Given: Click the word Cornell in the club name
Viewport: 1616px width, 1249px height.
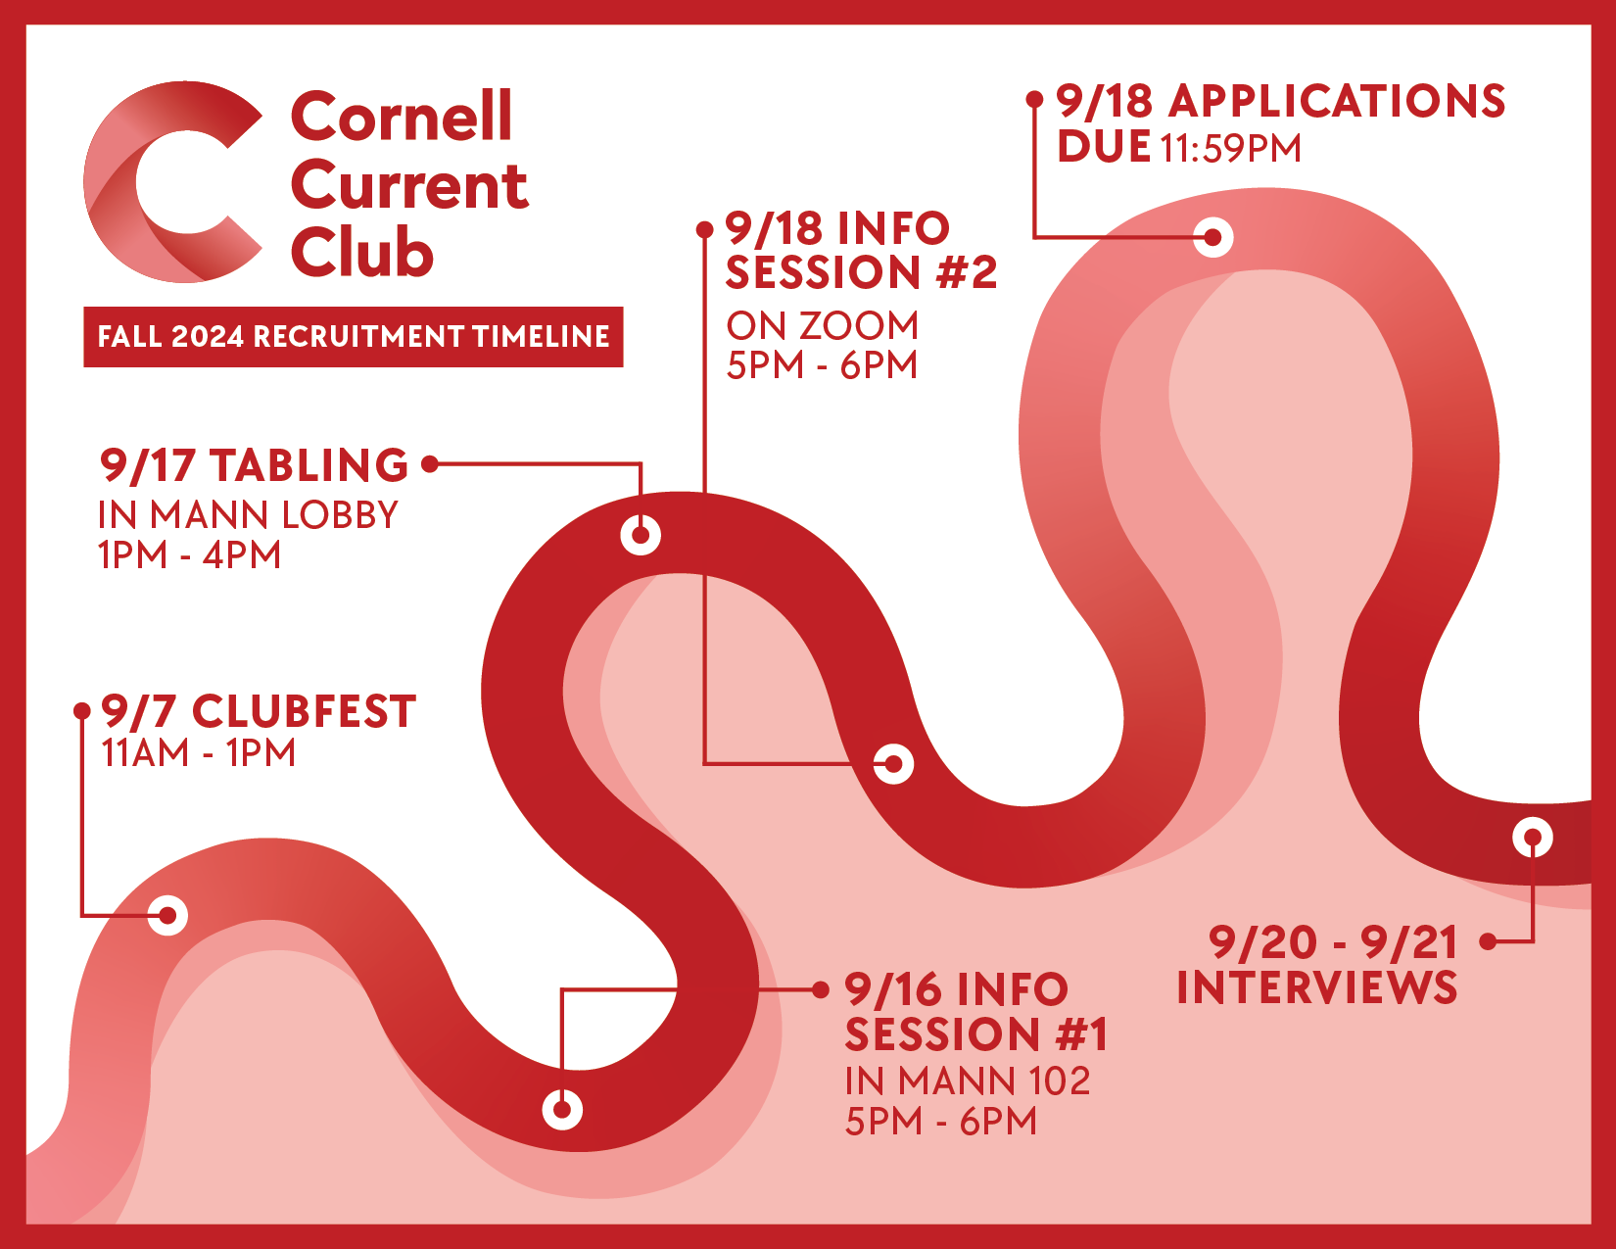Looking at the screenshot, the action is click(x=402, y=117).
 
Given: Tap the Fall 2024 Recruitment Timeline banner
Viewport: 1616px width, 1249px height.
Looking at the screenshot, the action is click(x=353, y=336).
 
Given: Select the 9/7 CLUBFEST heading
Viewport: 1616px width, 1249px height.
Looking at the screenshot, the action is click(x=259, y=711).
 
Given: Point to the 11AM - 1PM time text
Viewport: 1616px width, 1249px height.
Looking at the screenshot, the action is click(x=199, y=753).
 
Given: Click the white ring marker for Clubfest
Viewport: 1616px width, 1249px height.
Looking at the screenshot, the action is click(x=167, y=915).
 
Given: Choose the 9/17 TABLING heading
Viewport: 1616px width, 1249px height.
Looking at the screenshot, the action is click(x=254, y=465).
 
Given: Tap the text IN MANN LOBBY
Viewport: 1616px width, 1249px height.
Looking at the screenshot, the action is click(x=248, y=515).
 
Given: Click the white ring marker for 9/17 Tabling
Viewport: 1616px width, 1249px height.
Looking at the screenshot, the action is click(x=641, y=535).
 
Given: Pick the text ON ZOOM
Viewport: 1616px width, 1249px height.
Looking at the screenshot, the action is click(x=822, y=326).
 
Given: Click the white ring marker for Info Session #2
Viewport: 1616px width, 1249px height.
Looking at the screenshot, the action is click(x=892, y=763).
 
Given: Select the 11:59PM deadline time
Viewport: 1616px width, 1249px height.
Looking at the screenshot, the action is click(x=1230, y=149).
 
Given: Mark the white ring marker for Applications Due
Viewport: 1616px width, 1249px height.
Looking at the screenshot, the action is click(x=1213, y=237).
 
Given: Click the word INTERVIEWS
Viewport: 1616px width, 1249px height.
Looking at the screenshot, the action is click(x=1316, y=986).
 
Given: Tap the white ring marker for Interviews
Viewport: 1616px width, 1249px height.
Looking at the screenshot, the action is click(x=1533, y=838).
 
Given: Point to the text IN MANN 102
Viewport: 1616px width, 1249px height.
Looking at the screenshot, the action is click(x=968, y=1081).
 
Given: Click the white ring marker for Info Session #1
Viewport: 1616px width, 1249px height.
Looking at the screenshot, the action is click(x=562, y=1109).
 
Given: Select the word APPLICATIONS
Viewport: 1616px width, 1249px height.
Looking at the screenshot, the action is click(x=1337, y=101).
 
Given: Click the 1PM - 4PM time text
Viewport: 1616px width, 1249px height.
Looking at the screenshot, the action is click(x=189, y=555).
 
